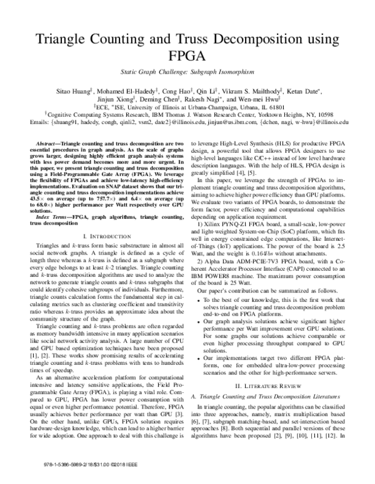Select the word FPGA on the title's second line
(x=187, y=63)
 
